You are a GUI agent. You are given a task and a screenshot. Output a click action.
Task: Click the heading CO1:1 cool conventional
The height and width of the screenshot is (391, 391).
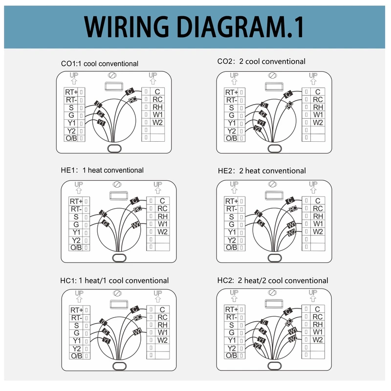[99, 64]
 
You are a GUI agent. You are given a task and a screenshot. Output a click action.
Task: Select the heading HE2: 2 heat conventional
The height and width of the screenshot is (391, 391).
[261, 171]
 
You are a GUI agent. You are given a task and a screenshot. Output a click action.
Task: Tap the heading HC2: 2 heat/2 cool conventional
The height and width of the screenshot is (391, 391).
[273, 281]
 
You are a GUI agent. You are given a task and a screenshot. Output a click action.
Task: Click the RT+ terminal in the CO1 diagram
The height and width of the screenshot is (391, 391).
[71, 92]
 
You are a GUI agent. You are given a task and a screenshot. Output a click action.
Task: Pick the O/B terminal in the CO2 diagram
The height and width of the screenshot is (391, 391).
[231, 138]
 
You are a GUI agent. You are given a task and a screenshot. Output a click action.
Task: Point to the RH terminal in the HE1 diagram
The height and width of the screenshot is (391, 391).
[163, 216]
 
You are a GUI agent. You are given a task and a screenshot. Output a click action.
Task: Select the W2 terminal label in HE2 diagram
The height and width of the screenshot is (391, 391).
[318, 232]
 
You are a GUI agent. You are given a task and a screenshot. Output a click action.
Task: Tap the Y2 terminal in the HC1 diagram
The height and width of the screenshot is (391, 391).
[76, 348]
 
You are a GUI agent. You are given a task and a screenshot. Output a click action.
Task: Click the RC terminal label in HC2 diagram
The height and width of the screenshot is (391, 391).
[318, 317]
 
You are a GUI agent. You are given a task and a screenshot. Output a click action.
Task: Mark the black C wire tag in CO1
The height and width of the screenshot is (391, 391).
[130, 91]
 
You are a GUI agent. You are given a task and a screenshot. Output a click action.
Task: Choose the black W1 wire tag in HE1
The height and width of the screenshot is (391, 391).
[136, 224]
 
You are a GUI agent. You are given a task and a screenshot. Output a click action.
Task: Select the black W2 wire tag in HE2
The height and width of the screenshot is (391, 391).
[292, 233]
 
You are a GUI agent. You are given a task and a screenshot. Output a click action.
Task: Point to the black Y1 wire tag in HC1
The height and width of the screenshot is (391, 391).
[108, 341]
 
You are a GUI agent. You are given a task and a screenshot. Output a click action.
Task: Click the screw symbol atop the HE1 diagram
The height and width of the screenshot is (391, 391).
[117, 184]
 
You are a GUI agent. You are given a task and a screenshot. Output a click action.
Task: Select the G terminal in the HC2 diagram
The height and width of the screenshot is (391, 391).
[231, 333]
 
